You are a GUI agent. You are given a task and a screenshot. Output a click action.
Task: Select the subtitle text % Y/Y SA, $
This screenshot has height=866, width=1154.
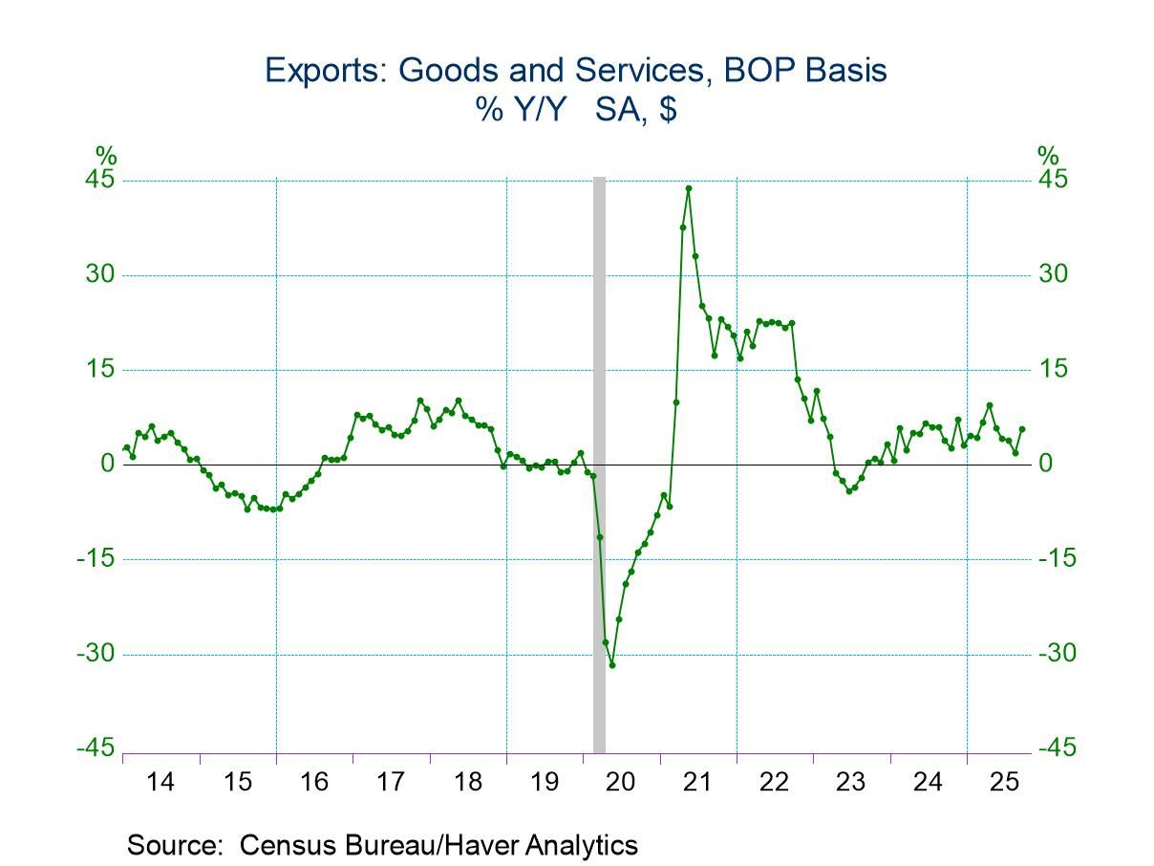click(x=576, y=110)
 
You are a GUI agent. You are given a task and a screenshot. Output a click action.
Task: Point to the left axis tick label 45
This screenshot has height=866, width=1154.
click(x=102, y=181)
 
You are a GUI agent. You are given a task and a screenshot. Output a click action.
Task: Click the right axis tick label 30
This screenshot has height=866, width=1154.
click(x=1053, y=275)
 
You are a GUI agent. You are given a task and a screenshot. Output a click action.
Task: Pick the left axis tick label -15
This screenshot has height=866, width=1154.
click(x=96, y=559)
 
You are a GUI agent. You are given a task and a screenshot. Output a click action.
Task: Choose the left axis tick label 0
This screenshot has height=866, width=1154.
click(x=108, y=465)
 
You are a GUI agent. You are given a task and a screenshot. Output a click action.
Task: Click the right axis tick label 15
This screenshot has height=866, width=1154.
click(x=1053, y=370)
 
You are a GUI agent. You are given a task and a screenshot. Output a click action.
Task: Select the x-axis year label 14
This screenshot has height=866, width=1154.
click(x=161, y=783)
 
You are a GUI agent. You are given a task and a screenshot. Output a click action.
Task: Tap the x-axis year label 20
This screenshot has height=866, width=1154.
click(x=622, y=783)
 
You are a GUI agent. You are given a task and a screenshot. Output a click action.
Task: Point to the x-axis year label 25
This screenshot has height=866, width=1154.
click(x=1005, y=783)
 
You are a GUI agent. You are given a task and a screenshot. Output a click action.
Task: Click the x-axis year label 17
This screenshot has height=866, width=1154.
click(x=391, y=783)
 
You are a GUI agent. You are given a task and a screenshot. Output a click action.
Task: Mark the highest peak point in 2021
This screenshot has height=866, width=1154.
click(x=689, y=188)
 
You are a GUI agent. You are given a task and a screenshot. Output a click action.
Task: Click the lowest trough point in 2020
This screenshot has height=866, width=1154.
click(x=612, y=664)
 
